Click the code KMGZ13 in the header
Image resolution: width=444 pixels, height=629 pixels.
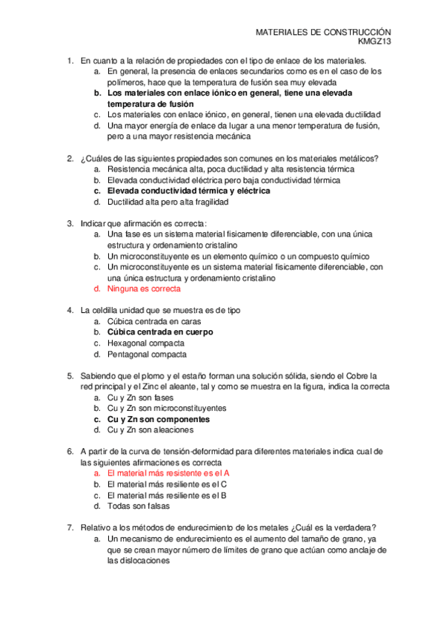click(x=376, y=43)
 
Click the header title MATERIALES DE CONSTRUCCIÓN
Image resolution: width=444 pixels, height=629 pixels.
click(x=322, y=33)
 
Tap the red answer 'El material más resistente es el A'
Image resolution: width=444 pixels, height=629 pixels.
click(x=168, y=472)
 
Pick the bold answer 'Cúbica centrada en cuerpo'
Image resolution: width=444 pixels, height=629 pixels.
click(x=160, y=332)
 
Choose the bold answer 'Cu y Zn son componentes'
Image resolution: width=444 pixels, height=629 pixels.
click(x=157, y=419)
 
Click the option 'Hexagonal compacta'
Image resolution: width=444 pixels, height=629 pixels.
click(x=146, y=343)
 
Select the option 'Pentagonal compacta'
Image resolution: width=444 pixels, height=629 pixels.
click(x=148, y=355)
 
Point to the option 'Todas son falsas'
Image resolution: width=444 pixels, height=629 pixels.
click(x=139, y=506)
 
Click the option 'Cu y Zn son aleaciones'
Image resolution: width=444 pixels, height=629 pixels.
click(x=150, y=430)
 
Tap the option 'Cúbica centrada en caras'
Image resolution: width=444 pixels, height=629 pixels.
click(x=154, y=321)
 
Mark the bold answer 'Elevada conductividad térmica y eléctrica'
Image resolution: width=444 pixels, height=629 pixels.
click(x=188, y=191)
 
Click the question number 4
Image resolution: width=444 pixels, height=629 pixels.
click(x=70, y=310)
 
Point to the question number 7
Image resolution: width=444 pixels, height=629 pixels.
click(x=70, y=527)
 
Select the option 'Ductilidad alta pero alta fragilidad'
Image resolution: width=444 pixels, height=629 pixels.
click(x=168, y=202)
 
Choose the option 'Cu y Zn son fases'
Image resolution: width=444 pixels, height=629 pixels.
click(x=140, y=398)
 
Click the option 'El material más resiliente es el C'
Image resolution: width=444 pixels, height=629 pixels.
click(x=168, y=484)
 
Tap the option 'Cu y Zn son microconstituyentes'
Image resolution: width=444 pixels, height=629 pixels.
click(x=167, y=408)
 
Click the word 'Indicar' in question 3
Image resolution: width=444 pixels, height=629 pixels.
click(x=93, y=223)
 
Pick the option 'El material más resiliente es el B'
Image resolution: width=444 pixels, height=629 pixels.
click(x=168, y=495)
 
